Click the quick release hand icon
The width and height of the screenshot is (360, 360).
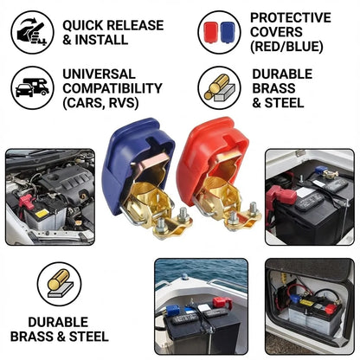(x=32, y=32)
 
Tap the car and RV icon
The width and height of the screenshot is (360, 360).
(x=32, y=87)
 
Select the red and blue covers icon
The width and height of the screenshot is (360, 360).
(x=219, y=32)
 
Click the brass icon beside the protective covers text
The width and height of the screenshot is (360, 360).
(x=219, y=87)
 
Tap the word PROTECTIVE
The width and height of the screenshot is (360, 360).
(x=290, y=17)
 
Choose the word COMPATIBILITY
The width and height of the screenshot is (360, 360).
(x=112, y=88)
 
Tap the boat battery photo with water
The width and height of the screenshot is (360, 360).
(x=201, y=307)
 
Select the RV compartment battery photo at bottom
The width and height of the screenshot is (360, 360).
(x=309, y=307)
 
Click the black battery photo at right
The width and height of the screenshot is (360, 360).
(x=309, y=197)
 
